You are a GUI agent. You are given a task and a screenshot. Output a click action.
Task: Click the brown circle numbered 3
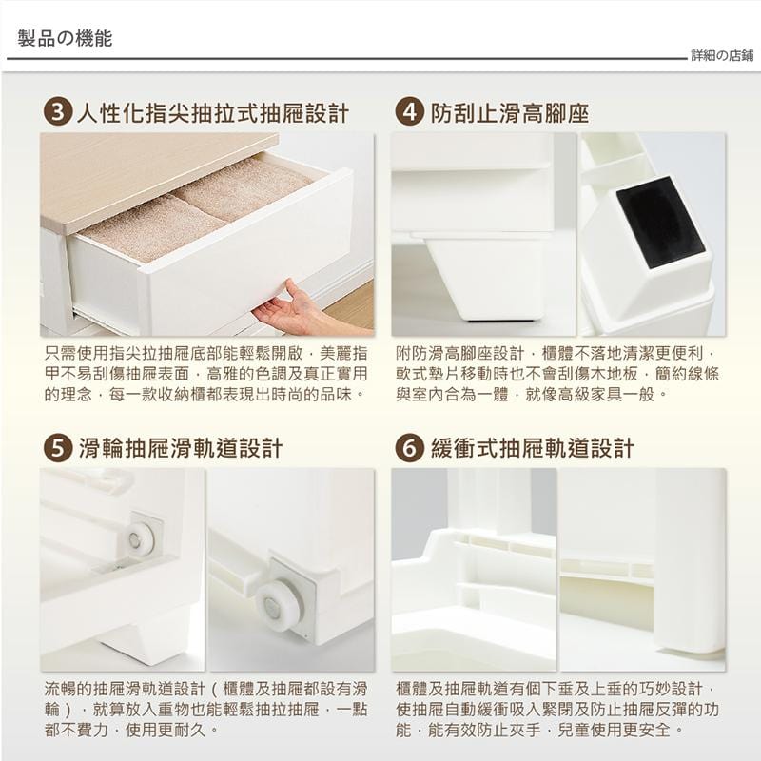[x=58, y=112]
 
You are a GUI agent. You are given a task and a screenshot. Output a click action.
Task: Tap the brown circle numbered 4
[x=409, y=112]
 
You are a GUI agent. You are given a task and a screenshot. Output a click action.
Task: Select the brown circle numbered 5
[x=58, y=447]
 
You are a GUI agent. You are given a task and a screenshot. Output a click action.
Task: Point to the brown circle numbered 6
[x=409, y=447]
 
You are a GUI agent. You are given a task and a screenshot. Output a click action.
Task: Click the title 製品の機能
[x=65, y=38]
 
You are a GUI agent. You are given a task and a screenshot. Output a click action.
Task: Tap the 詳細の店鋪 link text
[x=722, y=56]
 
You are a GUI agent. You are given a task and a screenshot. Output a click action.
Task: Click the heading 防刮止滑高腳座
[x=510, y=113]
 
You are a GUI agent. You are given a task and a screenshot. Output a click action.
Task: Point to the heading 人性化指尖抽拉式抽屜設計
[x=213, y=113]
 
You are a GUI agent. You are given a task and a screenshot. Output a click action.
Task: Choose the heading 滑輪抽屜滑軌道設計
[x=180, y=448]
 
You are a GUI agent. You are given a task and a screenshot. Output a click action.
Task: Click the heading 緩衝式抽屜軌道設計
[x=533, y=448]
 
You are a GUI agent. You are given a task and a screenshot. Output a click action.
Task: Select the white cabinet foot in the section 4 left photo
[x=483, y=278]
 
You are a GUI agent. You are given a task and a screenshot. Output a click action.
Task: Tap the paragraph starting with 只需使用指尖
[x=205, y=374]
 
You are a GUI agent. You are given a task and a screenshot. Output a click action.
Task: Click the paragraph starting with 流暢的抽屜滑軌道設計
[x=205, y=709]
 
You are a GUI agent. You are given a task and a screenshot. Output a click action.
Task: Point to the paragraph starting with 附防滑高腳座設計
[x=557, y=374]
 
